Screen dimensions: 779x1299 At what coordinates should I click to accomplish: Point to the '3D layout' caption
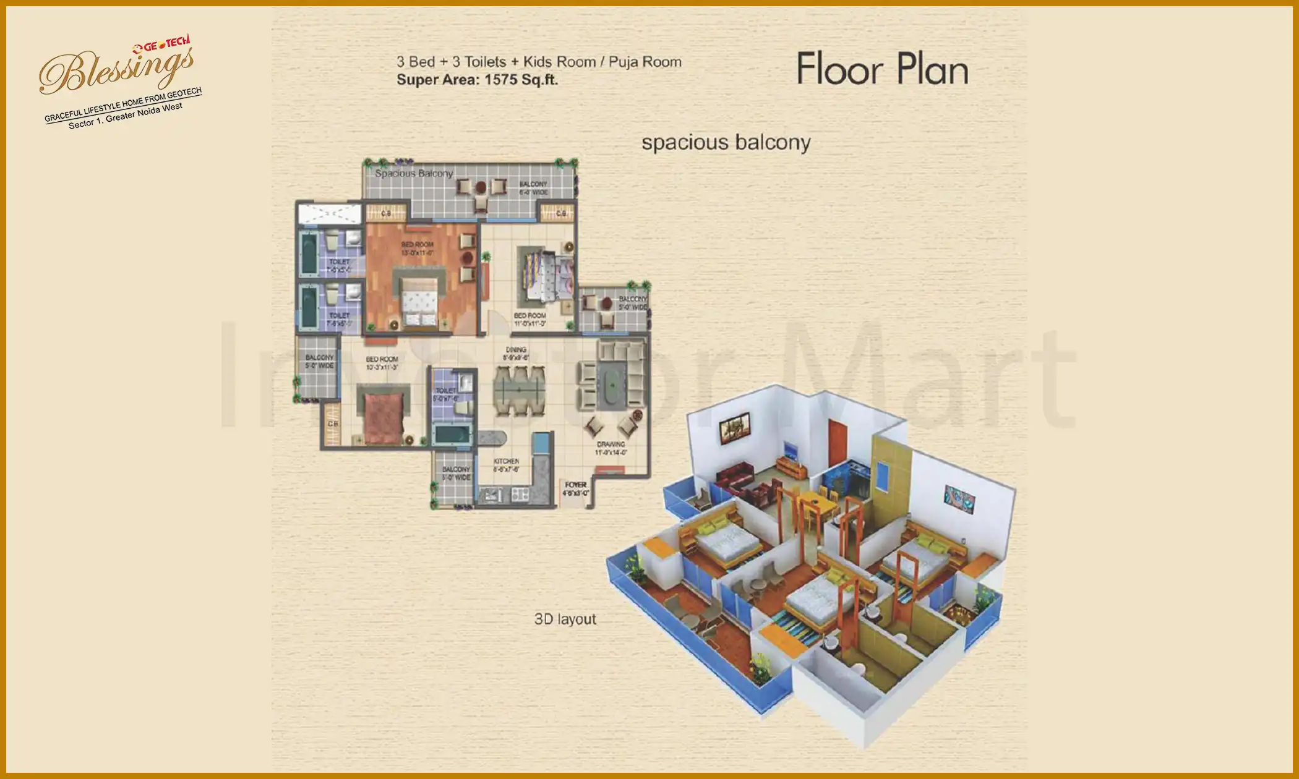(565, 619)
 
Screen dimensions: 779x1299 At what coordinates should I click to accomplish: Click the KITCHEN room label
(506, 462)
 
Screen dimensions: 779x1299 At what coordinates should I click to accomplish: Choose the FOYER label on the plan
(575, 485)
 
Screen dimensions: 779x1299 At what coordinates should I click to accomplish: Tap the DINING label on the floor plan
(516, 350)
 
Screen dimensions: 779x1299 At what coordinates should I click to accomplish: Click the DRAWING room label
(611, 445)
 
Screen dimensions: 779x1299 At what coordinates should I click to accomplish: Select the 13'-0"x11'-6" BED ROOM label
(418, 249)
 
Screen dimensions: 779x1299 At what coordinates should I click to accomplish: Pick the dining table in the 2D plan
(519, 391)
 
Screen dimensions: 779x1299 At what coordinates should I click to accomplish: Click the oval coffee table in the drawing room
(612, 385)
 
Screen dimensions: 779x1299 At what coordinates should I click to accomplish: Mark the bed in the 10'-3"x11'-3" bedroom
(383, 417)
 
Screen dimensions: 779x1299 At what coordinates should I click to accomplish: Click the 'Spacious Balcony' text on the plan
(414, 173)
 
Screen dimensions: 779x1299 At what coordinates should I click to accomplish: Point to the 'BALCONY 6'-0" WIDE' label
(533, 188)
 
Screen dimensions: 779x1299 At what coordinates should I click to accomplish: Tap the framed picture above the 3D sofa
(734, 427)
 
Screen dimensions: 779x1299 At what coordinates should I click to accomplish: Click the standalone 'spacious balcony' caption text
(726, 143)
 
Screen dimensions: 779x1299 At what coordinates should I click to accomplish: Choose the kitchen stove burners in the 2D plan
(519, 494)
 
